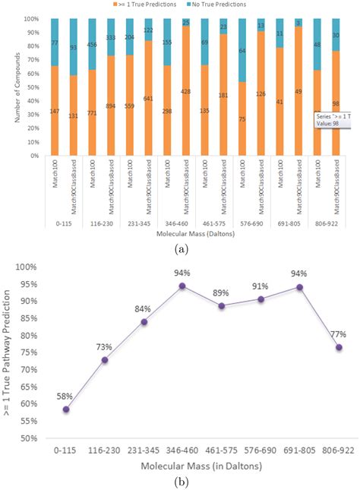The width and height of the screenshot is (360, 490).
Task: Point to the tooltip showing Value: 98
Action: click(x=328, y=121)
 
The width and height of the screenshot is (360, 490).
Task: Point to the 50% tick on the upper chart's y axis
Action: click(x=33, y=87)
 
